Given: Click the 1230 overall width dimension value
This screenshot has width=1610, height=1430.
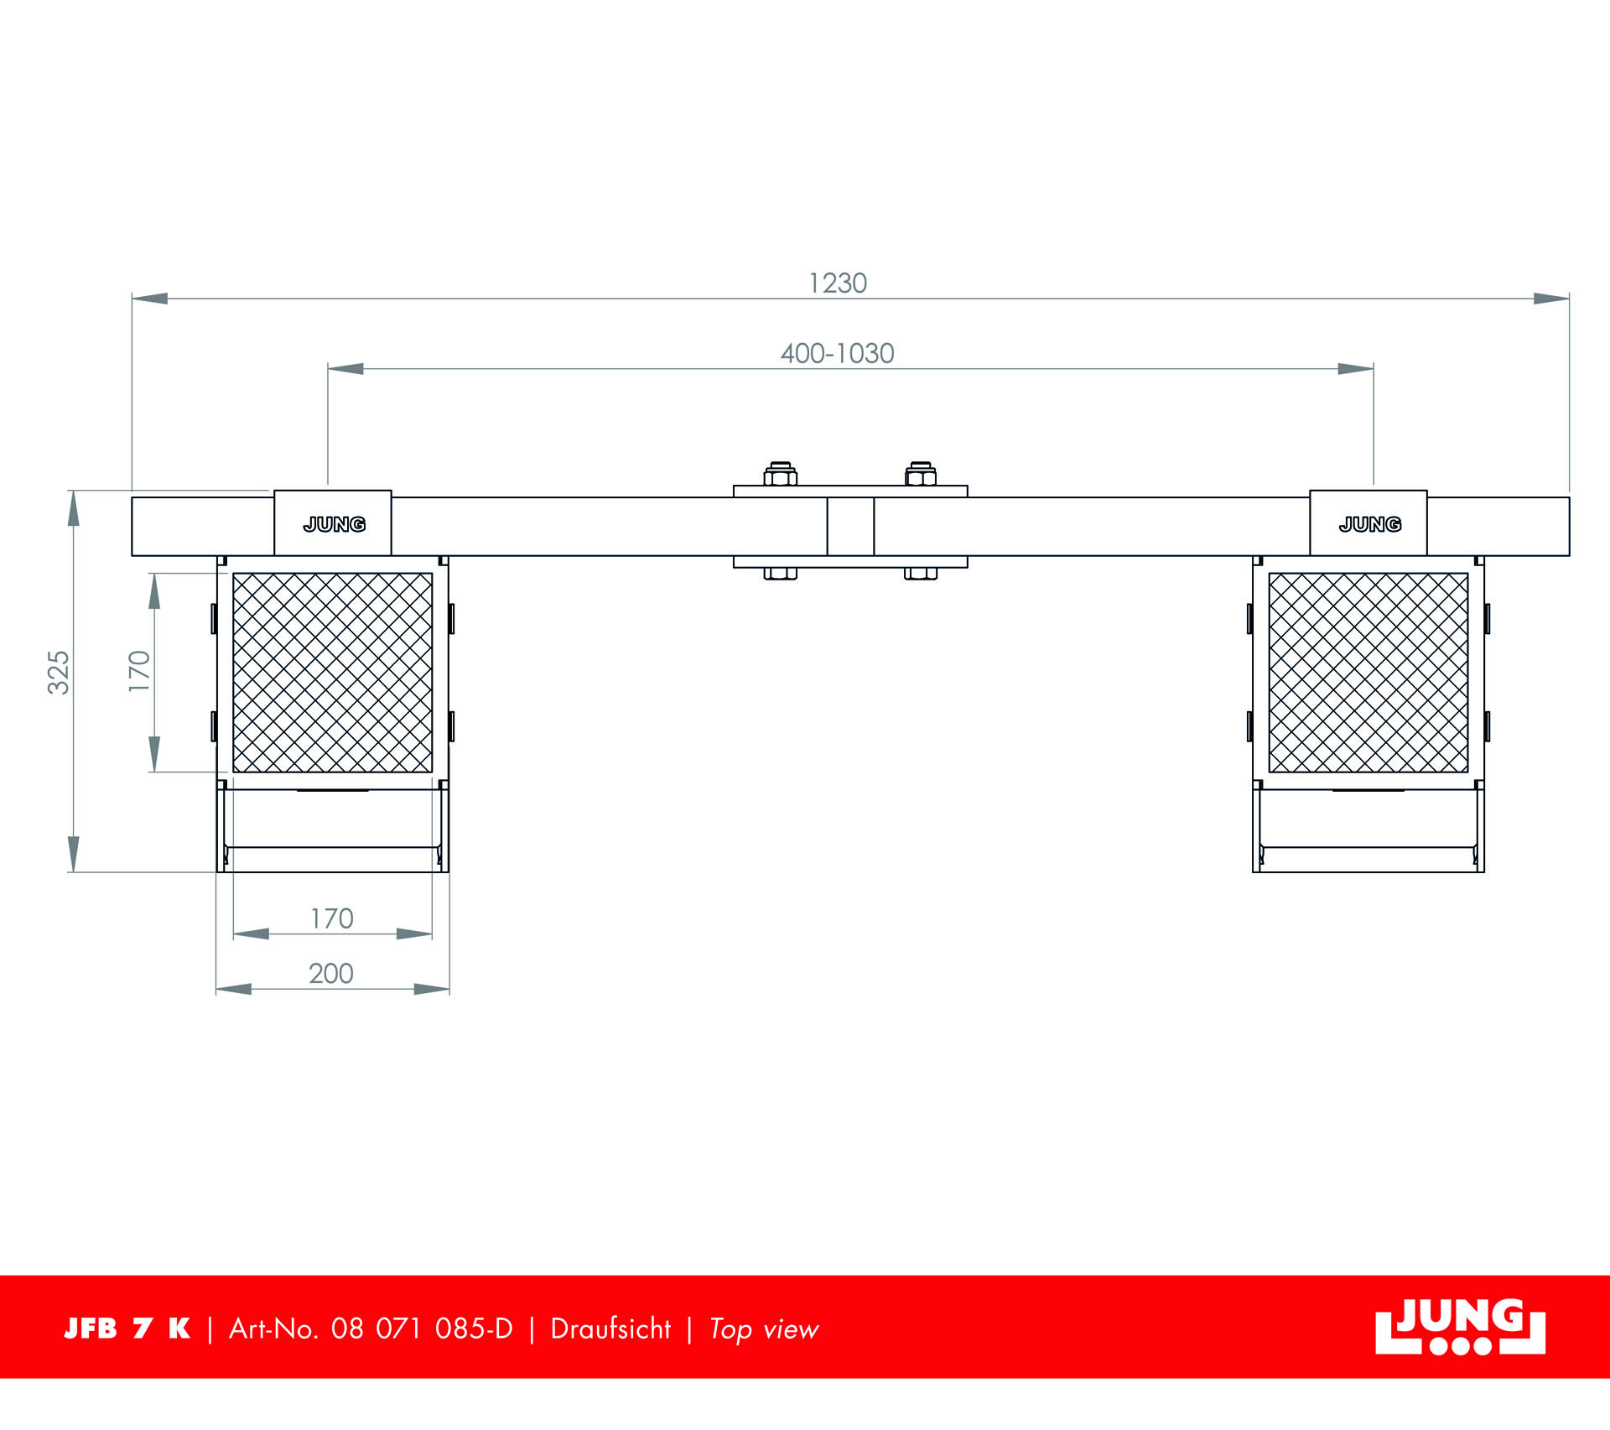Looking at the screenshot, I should (x=837, y=283).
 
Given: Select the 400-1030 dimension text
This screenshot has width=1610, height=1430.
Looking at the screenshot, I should (x=837, y=354).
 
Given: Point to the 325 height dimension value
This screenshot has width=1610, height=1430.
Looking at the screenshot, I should (x=59, y=672).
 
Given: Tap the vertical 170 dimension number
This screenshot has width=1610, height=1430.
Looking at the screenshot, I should (x=139, y=671).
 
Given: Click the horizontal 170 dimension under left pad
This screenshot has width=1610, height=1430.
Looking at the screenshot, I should (x=332, y=919).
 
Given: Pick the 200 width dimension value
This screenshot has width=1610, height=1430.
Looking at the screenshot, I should (x=331, y=974).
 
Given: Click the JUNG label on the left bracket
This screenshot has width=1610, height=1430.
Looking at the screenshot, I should (x=334, y=525).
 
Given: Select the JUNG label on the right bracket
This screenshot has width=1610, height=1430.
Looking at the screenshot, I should (x=1369, y=525).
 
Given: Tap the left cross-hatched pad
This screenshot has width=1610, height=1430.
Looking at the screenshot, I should (x=333, y=673).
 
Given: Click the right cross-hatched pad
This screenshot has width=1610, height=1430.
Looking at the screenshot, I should (x=1368, y=673).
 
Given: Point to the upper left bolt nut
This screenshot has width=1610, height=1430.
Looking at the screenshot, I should (x=780, y=475).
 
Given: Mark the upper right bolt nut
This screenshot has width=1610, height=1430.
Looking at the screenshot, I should (x=921, y=475).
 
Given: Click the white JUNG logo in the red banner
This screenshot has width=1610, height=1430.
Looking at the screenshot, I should (x=1460, y=1328).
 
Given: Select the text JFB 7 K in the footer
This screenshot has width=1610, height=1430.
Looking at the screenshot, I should (x=127, y=1329).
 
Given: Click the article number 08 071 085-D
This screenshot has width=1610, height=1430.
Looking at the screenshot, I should (x=421, y=1329).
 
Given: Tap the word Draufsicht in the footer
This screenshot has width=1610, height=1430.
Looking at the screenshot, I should (x=610, y=1329).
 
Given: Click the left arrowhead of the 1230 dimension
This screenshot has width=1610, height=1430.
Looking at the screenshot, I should (x=149, y=299).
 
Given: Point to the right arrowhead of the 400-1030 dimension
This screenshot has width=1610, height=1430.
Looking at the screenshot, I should (x=1356, y=369).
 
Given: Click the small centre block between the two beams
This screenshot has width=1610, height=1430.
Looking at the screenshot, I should (x=850, y=527).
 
